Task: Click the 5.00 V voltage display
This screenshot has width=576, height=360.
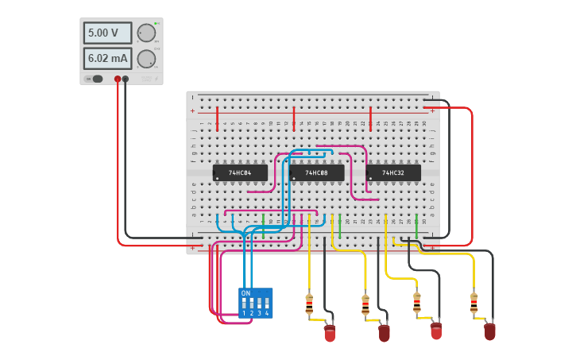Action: [107, 33]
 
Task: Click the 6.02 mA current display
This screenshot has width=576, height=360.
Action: [107, 58]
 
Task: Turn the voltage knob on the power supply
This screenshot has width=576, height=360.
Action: [146, 33]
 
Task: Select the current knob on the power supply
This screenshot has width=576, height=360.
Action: [146, 59]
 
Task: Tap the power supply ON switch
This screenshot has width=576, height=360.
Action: [98, 79]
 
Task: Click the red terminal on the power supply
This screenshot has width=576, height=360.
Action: [118, 79]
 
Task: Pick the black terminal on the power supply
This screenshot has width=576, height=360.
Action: [126, 79]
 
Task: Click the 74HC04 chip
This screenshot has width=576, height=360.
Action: [239, 172]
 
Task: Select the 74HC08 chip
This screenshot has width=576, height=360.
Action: [316, 172]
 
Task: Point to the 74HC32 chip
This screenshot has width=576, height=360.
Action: [393, 172]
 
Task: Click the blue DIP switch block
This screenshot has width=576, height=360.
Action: [255, 304]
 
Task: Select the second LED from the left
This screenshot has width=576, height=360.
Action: [385, 332]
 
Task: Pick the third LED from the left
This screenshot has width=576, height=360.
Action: [435, 330]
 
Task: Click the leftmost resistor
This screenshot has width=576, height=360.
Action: [309, 304]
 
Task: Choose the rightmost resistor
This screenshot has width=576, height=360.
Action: [474, 303]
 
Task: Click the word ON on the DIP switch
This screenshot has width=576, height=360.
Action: [245, 293]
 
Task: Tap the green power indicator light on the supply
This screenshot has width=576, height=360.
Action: [157, 24]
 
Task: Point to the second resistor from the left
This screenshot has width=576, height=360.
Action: [365, 305]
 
